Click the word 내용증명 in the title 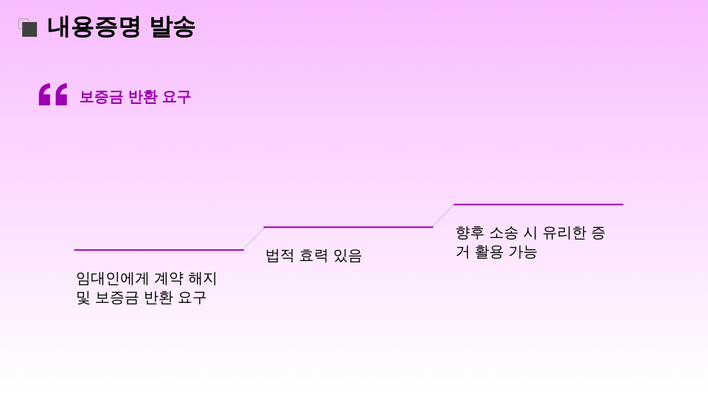tap(94, 27)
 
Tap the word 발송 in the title tap(172, 27)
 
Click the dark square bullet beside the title tap(29, 29)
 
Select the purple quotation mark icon tap(53, 94)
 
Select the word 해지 tap(203, 279)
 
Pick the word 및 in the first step tap(83, 298)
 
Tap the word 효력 tap(313, 256)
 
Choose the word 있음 tap(347, 256)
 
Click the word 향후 tap(470, 233)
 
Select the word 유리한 tap(564, 233)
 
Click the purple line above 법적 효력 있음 tap(348, 227)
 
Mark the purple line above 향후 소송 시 tap(538, 204)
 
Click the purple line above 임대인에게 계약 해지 tap(159, 250)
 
